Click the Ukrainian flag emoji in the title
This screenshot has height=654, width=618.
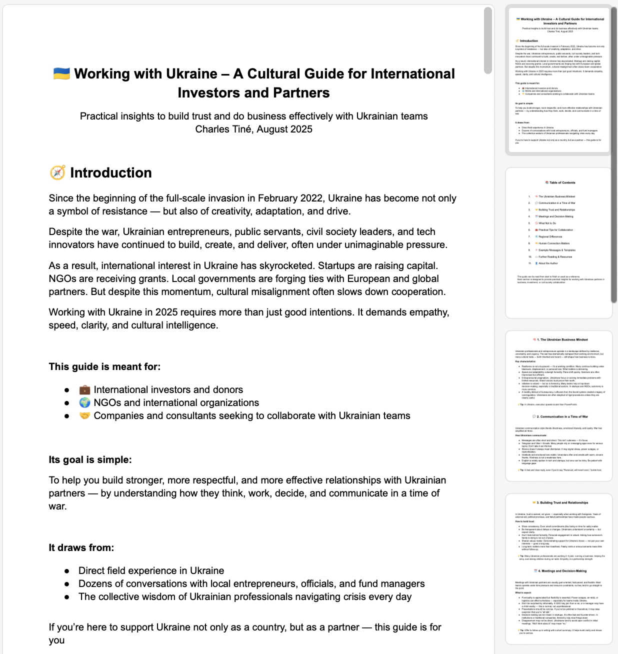click(61, 74)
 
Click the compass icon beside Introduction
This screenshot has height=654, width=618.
click(57, 172)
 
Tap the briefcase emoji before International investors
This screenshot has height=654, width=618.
click(85, 390)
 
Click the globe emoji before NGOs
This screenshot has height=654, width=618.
click(85, 403)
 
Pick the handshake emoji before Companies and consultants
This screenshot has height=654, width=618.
click(85, 416)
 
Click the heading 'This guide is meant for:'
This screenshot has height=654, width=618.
click(104, 367)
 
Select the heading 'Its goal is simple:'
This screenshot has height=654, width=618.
click(90, 460)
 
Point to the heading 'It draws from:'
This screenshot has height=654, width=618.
click(81, 548)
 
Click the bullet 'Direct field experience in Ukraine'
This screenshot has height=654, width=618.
click(151, 571)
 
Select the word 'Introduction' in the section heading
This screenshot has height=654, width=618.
click(111, 173)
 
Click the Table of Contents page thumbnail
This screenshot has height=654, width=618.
click(558, 242)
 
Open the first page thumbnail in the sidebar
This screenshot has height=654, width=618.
click(558, 80)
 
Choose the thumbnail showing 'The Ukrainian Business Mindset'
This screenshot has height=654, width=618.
click(558, 405)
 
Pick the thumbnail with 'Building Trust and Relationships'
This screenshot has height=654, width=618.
click(558, 568)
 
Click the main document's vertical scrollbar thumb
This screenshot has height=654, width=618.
click(488, 40)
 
